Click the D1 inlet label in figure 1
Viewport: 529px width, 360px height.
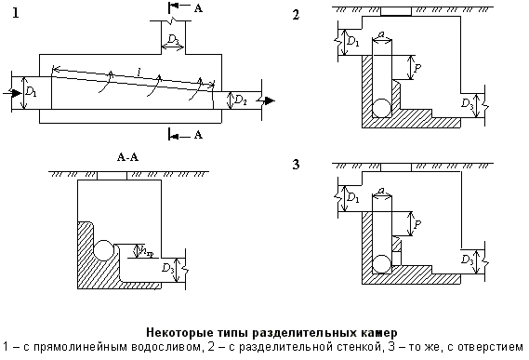click(32, 93)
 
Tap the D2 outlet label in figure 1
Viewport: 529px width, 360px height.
click(239, 99)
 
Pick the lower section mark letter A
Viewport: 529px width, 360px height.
click(196, 135)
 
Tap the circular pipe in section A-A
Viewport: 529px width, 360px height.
click(104, 249)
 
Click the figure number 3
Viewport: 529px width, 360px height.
click(297, 166)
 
